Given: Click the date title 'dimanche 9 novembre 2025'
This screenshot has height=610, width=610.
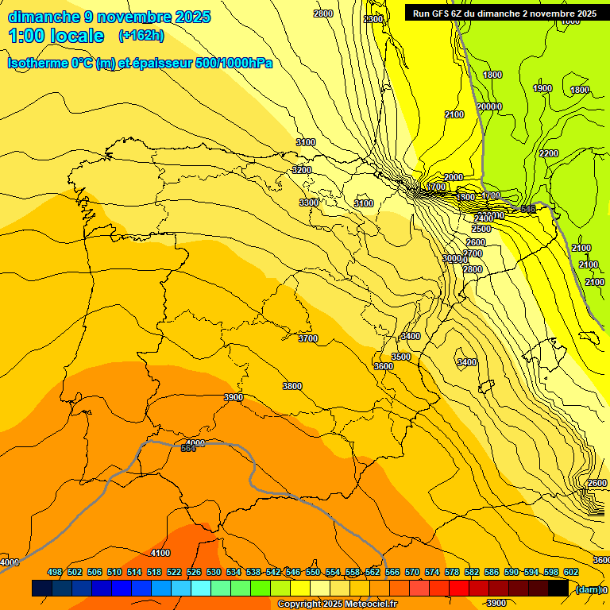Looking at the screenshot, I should coord(109,17).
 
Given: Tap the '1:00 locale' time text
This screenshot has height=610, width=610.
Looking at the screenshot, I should coord(56,36).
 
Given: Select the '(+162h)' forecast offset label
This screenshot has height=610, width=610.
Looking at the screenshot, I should coord(141,36).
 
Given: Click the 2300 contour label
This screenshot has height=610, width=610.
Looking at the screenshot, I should coord(373,19).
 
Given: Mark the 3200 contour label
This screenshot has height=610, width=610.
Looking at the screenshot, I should coord(302,170).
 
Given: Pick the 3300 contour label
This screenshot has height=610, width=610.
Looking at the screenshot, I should coord(309,203).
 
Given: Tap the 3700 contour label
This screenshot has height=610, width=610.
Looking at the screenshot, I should coord(308,338).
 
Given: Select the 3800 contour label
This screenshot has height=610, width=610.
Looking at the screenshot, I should coord(292,386).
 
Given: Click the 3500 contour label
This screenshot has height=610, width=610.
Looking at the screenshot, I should coord(401,357).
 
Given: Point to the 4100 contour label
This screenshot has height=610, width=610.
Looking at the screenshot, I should coord(160,553).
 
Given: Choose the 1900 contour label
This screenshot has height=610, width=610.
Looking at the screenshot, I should coord(542,88).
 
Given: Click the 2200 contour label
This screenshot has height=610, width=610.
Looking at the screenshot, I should coord(549,153).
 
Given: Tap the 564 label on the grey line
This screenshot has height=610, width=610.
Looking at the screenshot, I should coord(188,449).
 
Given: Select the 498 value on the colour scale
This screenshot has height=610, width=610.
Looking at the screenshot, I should coord(55,573).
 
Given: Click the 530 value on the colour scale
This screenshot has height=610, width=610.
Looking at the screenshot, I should coord(214,573).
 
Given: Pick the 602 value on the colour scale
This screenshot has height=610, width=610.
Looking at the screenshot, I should coord(571,573).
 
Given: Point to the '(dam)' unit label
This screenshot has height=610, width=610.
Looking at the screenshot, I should coord(588,589).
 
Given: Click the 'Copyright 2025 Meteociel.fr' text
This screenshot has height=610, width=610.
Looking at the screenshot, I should coord(337,604).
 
